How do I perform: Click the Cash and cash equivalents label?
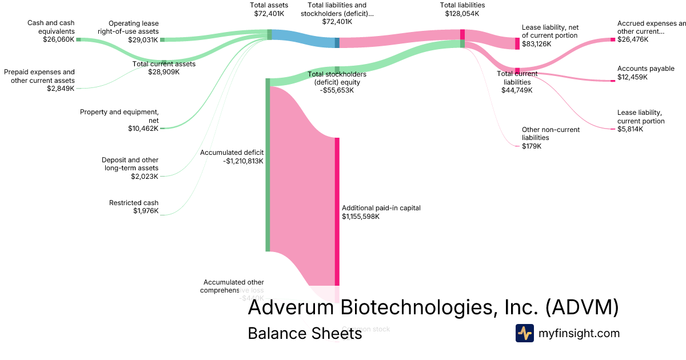50,27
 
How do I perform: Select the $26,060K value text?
59,40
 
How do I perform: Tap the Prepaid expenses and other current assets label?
39,76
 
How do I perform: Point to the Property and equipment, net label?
119,116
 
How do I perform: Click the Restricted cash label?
134,203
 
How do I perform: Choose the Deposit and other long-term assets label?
130,164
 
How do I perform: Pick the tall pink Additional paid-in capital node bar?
337,211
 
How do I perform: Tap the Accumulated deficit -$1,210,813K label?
232,157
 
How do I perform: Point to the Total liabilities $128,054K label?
462,9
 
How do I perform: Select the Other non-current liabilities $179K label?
550,138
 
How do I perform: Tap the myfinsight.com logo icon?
524,333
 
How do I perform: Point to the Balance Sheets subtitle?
305,333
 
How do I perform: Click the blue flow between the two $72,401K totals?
303,39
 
